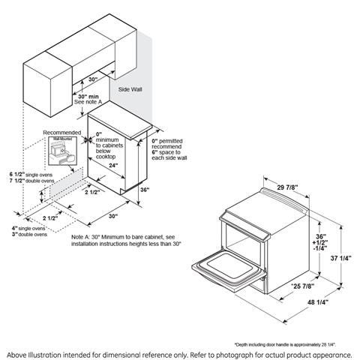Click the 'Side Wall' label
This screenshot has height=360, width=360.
coord(130,88)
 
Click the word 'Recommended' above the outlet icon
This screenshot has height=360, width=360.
coord(59,132)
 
